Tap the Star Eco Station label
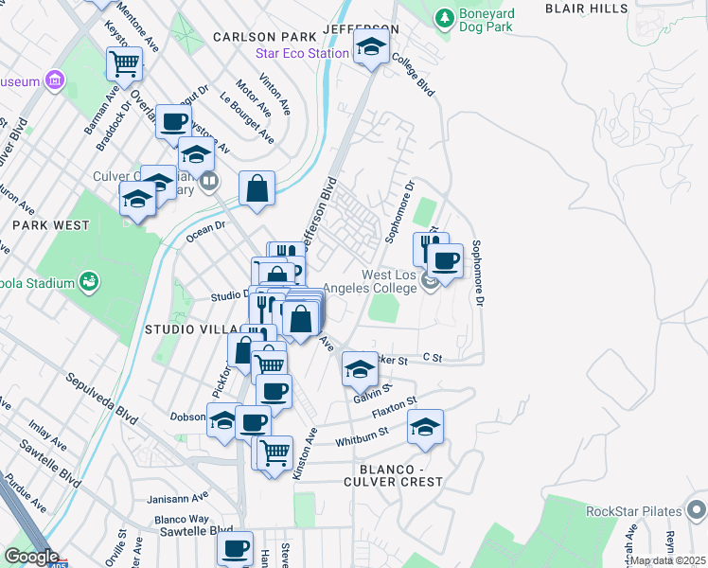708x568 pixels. point(302,53)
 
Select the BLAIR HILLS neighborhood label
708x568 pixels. point(588,7)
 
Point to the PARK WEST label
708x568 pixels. point(51,225)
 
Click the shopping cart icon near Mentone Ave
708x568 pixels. point(124,64)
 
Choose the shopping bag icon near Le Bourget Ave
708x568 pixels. point(257,188)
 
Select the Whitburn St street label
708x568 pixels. point(363,435)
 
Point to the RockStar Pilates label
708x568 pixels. point(633,511)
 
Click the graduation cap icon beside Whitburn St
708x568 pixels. point(426,426)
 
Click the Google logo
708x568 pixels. point(30,557)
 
